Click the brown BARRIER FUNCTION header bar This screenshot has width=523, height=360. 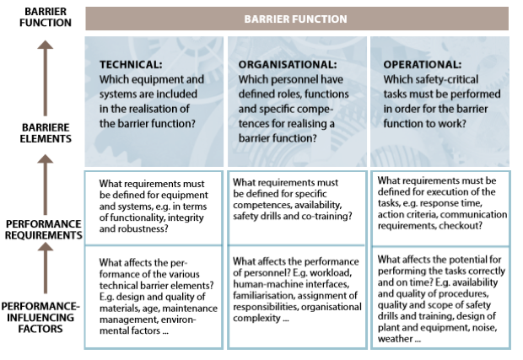point(297,19)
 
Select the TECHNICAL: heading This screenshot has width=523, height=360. point(131,64)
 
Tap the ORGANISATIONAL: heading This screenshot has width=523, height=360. point(288,64)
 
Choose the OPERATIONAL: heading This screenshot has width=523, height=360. point(423,64)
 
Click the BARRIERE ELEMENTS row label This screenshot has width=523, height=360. point(46,133)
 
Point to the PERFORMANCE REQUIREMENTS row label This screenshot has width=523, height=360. point(43,229)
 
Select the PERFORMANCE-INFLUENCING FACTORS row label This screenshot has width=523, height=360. point(40,317)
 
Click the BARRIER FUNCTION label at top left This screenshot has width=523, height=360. point(46,17)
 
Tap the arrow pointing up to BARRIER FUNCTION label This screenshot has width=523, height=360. point(45,78)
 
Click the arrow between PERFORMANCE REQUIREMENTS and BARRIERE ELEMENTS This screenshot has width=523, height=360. point(45,185)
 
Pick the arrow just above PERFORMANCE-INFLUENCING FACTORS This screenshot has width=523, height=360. point(45,267)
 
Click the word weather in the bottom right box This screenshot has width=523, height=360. point(396,339)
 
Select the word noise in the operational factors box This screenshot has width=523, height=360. point(484,328)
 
